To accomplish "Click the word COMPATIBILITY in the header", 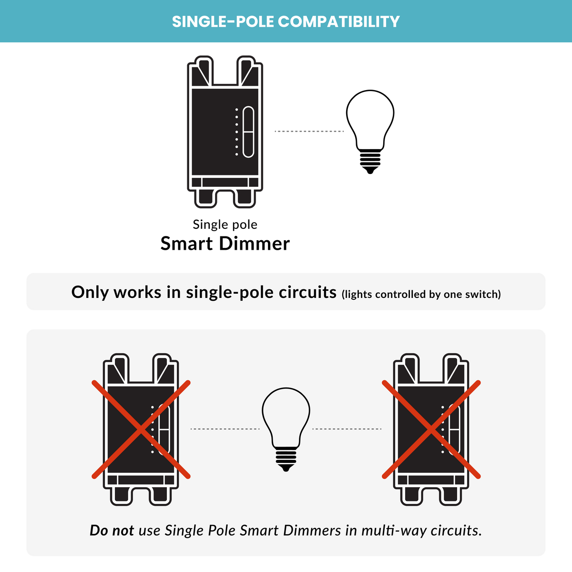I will [338, 22].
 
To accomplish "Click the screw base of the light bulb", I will [286, 458].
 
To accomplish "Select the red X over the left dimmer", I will [141, 429].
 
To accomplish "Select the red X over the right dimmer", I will [431, 429].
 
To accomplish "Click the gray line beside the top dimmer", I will [309, 131].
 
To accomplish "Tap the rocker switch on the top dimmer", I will [248, 132].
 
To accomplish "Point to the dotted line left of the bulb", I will [225, 429].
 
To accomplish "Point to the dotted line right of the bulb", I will [347, 429].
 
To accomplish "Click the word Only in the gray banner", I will [90, 292].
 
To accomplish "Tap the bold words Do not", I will [112, 531].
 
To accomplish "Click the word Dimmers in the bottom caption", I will [312, 531].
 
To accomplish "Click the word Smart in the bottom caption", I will [259, 531].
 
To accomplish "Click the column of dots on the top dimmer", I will [237, 132].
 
